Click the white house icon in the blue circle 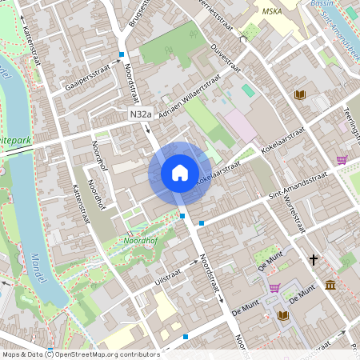coord(180,173)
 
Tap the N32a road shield coord(141,116)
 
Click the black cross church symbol coord(314,259)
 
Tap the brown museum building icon coord(330,285)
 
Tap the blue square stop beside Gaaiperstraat coord(122,54)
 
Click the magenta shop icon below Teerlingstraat coord(342,159)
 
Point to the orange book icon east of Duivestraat coord(300,94)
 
